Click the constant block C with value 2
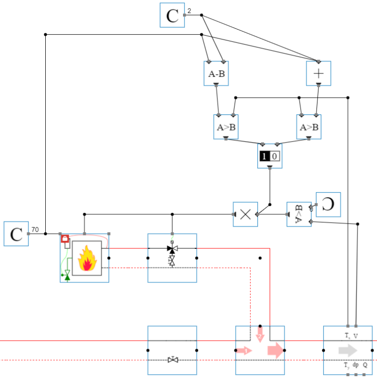coord(172,15)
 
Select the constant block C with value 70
coord(16,234)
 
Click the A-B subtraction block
coord(216,73)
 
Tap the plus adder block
coord(318,73)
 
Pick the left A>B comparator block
coord(225,127)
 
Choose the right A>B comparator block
coord(308,127)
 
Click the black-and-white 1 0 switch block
coord(270,156)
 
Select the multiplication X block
coord(245,215)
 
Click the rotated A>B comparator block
coord(299,215)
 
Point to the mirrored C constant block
coord(328,205)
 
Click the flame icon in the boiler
coord(87,259)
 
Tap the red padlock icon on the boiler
coord(65,238)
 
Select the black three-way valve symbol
coord(172,249)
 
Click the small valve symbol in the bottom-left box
coord(173,360)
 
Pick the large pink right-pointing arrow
coord(275,350)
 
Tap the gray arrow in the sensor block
coord(347,351)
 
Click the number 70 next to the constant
coord(35,230)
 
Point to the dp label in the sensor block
coord(356,366)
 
